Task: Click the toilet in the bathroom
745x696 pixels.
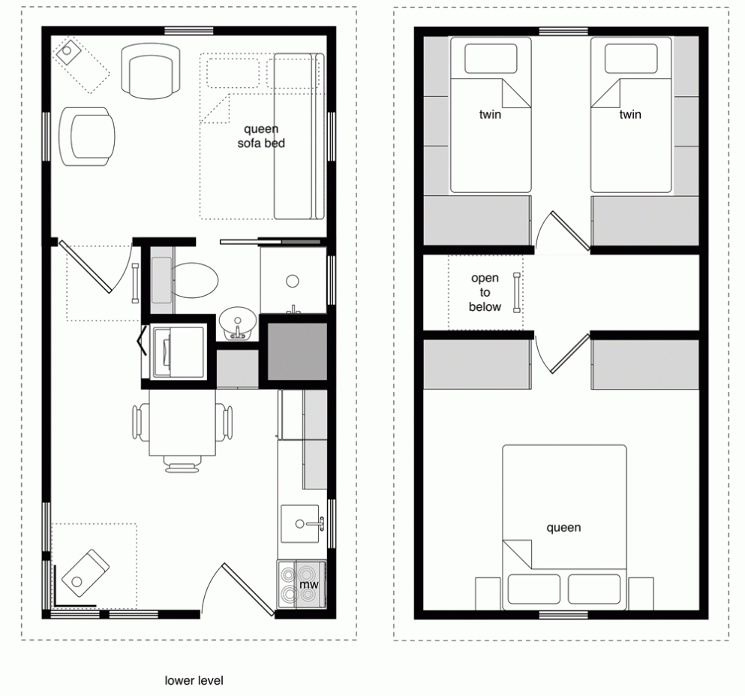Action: coord(194,279)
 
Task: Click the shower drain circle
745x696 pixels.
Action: coord(293,282)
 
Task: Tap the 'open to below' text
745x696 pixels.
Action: coord(485,293)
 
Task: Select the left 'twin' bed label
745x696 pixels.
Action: coord(489,116)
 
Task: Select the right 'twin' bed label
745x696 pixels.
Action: coord(630,116)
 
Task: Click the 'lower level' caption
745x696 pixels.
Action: coord(194,681)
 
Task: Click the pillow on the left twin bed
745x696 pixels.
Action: coord(491,59)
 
